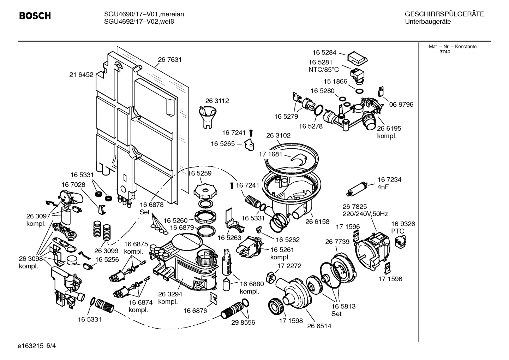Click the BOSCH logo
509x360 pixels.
point(35,16)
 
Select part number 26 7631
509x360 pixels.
point(170,60)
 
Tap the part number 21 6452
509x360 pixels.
point(81,75)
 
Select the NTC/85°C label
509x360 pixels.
point(323,70)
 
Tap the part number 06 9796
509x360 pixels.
point(401,105)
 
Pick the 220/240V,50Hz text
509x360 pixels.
point(365,214)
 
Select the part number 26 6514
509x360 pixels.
point(319,326)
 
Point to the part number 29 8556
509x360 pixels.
point(243,323)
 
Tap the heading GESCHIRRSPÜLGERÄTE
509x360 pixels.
point(444,14)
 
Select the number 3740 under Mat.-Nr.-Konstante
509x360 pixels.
point(444,52)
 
